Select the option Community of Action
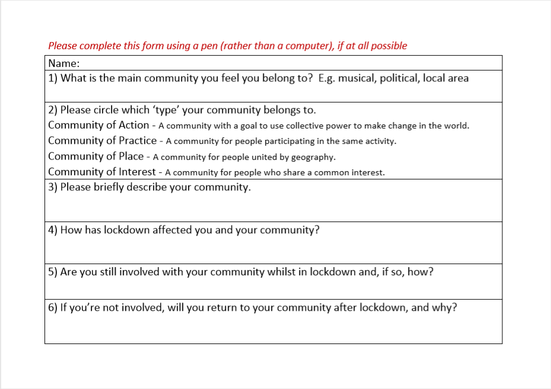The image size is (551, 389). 98,125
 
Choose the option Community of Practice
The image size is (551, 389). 102,140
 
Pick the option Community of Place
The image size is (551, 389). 95,156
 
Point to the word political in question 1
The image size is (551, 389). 399,78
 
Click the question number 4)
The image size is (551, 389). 53,230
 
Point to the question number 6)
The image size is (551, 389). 53,308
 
